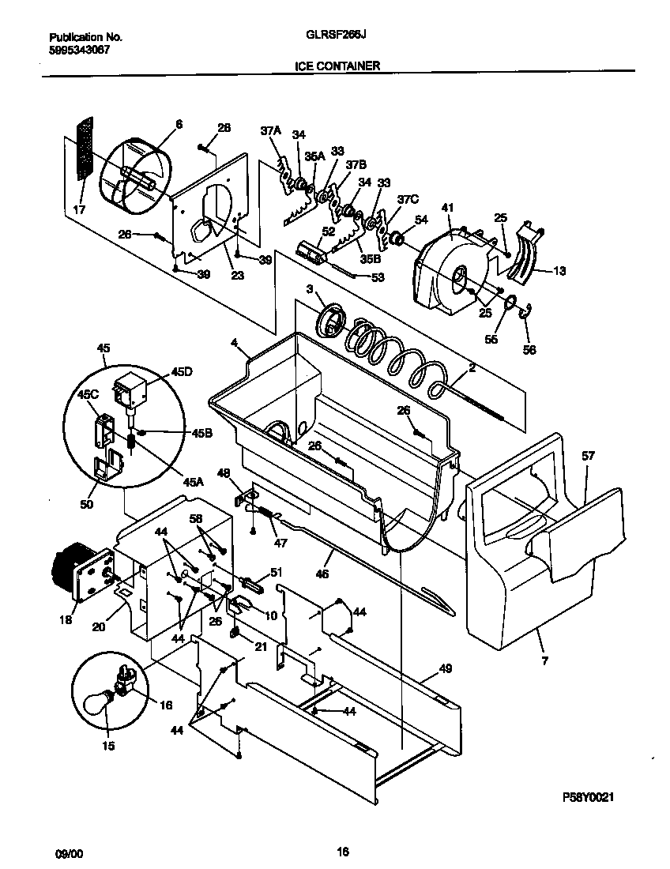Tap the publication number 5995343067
79,49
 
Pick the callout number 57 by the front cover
588,456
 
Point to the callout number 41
447,207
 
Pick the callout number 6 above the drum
179,124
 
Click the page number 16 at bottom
342,851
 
